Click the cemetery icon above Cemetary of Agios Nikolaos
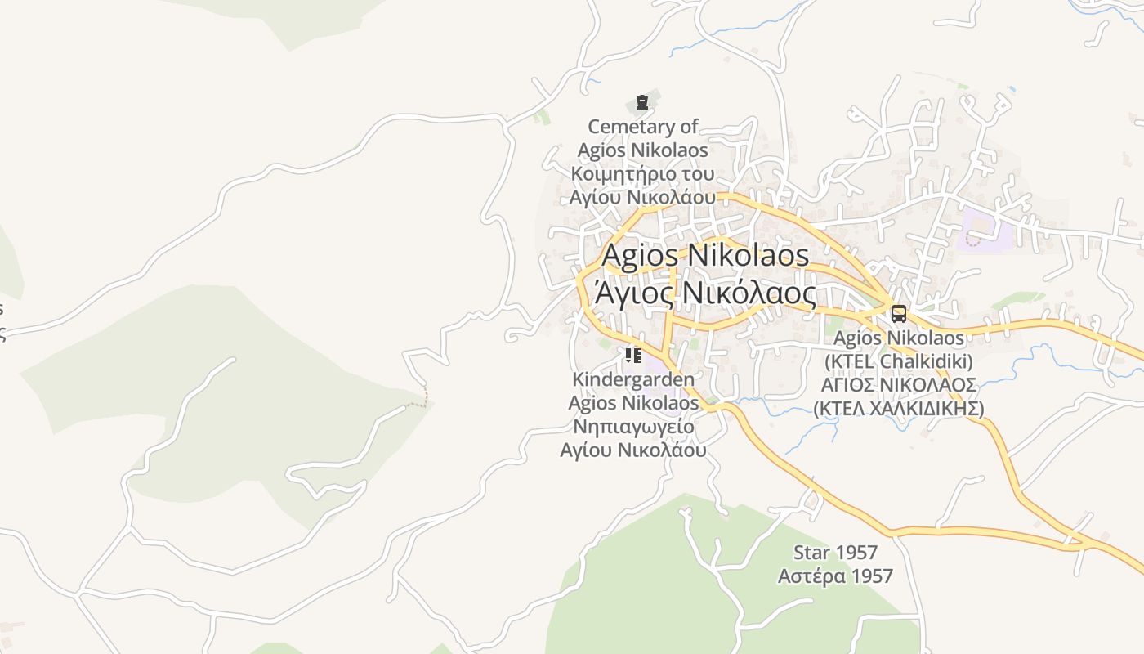(x=641, y=103)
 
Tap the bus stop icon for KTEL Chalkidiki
(x=898, y=314)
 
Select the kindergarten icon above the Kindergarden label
(x=632, y=356)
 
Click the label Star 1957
(x=835, y=553)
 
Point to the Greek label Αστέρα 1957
(x=835, y=576)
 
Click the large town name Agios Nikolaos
(x=705, y=255)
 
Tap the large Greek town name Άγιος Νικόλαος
(x=705, y=292)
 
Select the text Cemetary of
(x=643, y=127)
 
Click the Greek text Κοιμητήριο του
(x=642, y=174)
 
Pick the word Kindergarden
(x=633, y=379)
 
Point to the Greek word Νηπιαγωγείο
(x=633, y=427)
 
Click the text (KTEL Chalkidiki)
(x=898, y=361)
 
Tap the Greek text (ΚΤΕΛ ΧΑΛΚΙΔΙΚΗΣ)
(x=898, y=408)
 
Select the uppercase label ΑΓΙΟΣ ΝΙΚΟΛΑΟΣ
(x=898, y=384)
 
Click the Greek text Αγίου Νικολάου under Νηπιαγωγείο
(x=633, y=450)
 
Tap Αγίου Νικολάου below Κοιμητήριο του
(x=642, y=197)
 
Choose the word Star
(x=811, y=553)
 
